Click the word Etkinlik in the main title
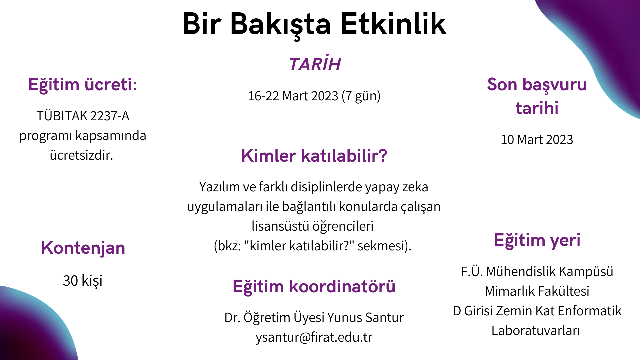pos(393,24)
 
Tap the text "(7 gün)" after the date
pos(361,96)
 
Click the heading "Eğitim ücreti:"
pos(83,84)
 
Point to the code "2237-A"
pos(109,116)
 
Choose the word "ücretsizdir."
pos(82,155)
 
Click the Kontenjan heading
pos(83,248)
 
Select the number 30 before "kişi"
pos(70,281)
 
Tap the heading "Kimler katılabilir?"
pos(314,156)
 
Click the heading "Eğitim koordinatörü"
pos(314,286)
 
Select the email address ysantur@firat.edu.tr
pos(314,337)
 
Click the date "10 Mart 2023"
pos(537,140)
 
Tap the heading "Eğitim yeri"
pos(537,240)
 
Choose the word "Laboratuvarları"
pos(536,330)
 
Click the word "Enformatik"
pos(590,311)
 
